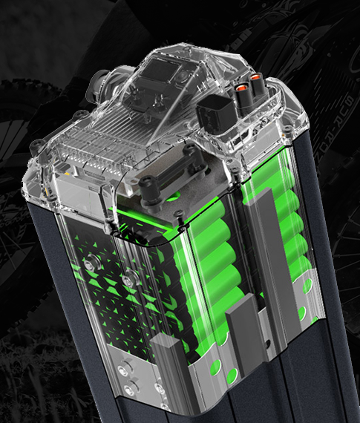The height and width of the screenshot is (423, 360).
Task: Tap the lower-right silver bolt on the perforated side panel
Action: coord(131,279)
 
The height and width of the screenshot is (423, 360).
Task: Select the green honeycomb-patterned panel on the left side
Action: coord(96,297)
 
